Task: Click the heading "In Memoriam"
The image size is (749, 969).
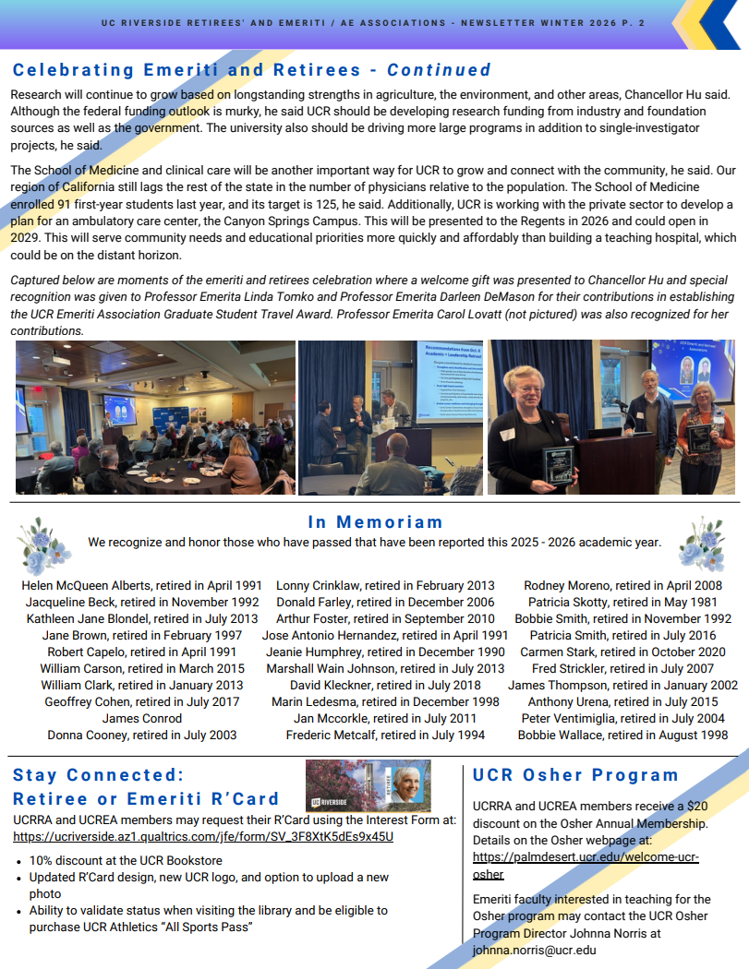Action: coord(375,522)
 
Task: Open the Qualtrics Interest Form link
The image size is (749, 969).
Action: coord(203,837)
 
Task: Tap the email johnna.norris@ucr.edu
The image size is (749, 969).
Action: coord(534,950)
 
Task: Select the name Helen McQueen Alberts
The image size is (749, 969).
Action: coord(141,585)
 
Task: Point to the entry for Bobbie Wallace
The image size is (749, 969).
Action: coord(622,736)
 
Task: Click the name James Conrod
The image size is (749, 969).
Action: coord(141,719)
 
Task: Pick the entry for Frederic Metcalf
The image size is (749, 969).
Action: coord(385,736)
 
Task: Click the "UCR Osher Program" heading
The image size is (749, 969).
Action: coord(575,775)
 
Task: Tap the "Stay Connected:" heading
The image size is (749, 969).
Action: coord(99,775)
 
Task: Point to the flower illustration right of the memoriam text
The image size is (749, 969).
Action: coord(704,544)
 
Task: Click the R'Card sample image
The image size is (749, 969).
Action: coord(368,785)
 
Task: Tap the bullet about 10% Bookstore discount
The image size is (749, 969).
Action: coord(126,860)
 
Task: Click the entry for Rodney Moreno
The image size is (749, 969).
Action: coord(622,585)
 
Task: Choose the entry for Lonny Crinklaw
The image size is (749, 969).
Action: coord(385,585)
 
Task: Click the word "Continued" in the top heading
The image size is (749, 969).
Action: coord(439,70)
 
